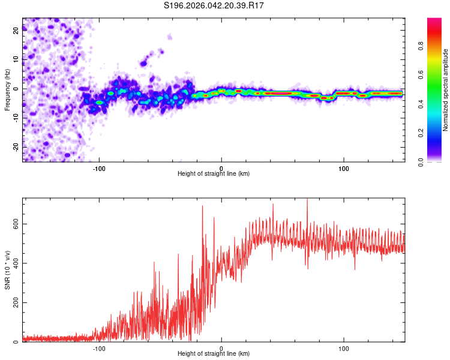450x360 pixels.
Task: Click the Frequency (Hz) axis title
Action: pos(7,90)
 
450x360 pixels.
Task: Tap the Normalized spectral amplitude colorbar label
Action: pos(445,90)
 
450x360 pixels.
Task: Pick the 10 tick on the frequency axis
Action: pos(16,60)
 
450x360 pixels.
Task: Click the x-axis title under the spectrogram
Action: pos(214,174)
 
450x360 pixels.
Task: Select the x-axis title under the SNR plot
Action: pos(214,354)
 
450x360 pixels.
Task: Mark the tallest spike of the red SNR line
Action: pos(307,200)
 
